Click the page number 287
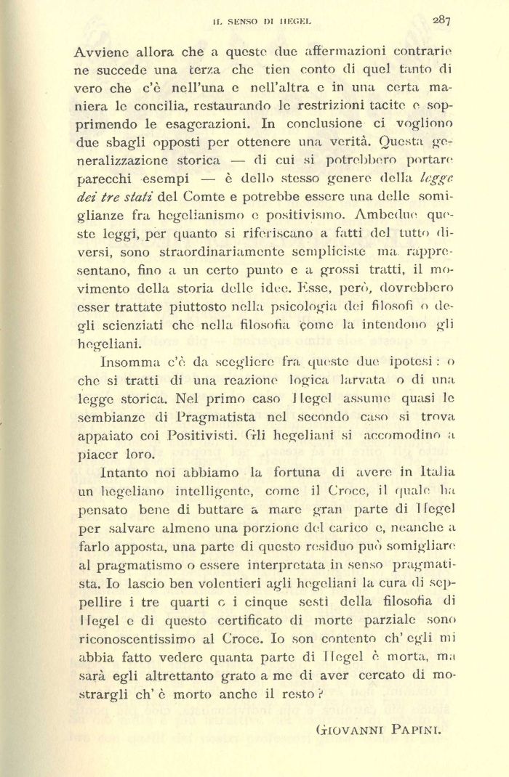pos(441,20)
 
